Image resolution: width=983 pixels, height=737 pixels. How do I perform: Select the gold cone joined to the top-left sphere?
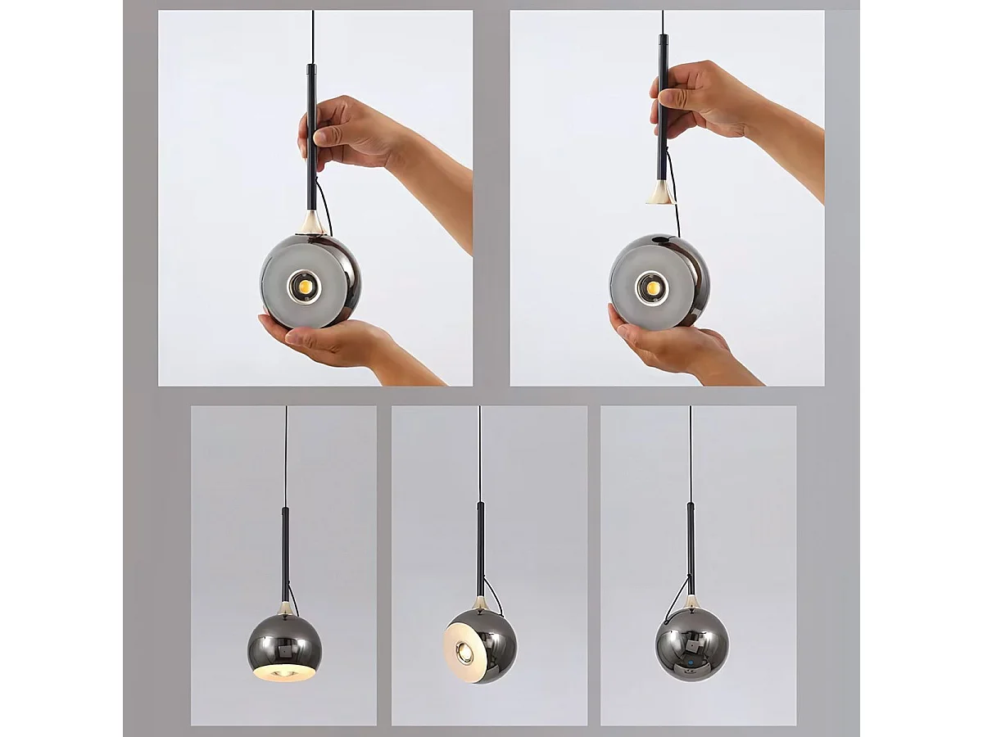tap(310, 222)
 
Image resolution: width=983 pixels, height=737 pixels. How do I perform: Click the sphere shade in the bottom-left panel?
tap(284, 643)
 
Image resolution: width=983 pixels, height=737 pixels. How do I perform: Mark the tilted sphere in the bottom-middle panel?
tap(481, 645)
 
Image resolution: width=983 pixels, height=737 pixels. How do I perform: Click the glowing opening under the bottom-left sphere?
tap(283, 671)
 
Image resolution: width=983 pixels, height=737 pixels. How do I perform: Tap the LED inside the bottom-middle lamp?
tap(464, 652)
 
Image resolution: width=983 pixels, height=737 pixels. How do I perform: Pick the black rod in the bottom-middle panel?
tap(480, 549)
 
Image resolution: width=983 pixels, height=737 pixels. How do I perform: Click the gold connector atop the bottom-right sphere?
tap(692, 602)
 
